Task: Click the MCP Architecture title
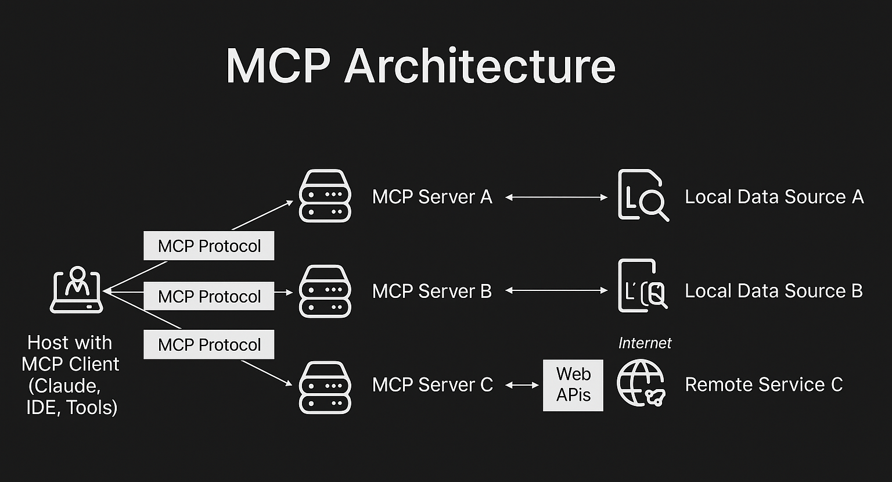[x=420, y=66]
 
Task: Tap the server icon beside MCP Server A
[x=325, y=196]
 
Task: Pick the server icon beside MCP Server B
[x=325, y=291]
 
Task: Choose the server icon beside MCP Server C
[x=325, y=387]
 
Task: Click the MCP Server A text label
[x=432, y=197]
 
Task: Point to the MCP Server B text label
[x=432, y=291]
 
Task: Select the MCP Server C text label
[x=432, y=384]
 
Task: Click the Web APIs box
[x=573, y=385]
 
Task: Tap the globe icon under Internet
[x=641, y=383]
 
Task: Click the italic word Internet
[x=645, y=343]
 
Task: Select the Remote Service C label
[x=764, y=384]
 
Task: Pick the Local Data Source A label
[x=774, y=197]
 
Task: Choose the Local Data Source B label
[x=774, y=291]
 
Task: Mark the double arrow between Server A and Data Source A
[x=556, y=197]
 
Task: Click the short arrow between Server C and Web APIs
[x=522, y=384]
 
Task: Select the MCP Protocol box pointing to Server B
[x=209, y=296]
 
